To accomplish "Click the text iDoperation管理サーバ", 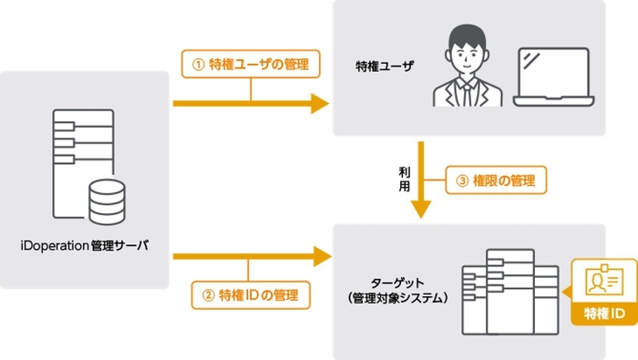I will (85, 246).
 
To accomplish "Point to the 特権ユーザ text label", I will (384, 67).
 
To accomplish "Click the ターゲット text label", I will (396, 282).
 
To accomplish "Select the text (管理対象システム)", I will (396, 297).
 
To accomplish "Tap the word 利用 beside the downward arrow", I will (405, 179).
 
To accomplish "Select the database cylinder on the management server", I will (104, 202).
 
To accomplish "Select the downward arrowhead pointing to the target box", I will (420, 209).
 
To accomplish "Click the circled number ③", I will (461, 180).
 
